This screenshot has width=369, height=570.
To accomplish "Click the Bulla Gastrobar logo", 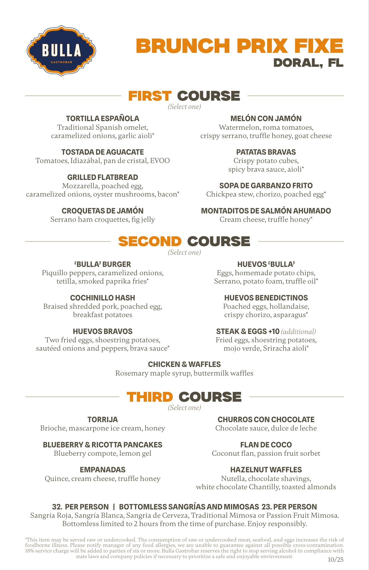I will point(61,50).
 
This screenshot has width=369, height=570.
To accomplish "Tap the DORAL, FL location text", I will point(308,63).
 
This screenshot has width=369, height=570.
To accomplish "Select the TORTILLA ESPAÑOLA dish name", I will point(102,118).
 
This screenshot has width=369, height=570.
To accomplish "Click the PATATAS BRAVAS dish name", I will point(266,152).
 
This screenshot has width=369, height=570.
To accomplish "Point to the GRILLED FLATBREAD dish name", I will point(102,177).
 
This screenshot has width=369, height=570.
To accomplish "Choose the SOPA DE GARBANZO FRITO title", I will point(266,186).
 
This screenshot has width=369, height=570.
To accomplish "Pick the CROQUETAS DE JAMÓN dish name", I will point(102,211).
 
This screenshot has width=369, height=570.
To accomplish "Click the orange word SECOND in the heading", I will point(150,241).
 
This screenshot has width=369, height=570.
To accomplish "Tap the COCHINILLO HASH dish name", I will point(102,298).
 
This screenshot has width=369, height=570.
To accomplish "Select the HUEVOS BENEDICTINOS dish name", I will point(266,298).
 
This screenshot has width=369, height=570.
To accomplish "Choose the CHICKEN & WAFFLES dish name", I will point(184,364).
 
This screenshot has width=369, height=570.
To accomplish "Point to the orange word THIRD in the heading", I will point(150,397).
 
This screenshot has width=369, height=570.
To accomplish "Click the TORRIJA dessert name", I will point(102,419).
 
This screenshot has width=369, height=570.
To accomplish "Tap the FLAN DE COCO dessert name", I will point(266,445).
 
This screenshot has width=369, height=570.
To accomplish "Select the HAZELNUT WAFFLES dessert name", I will point(266,470).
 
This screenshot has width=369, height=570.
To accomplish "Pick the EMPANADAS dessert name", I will point(102,470).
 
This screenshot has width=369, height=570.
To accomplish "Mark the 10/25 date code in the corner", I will point(335,560).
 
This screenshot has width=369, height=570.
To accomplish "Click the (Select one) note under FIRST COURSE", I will point(184,107).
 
